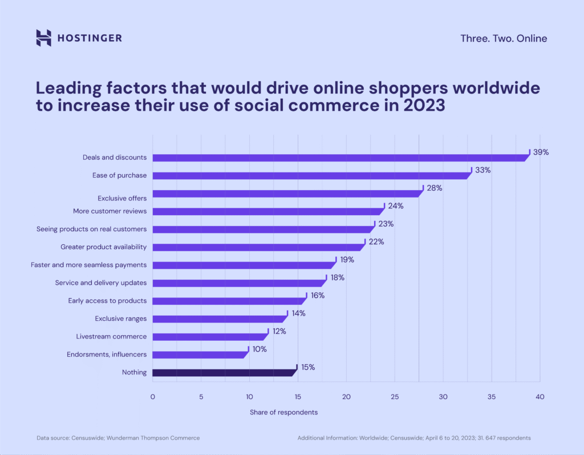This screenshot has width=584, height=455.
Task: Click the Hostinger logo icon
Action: [44, 38]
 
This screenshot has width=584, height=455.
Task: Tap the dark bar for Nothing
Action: [224, 373]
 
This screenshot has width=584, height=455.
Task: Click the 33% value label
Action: [483, 170]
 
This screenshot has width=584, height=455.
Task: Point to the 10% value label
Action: [259, 349]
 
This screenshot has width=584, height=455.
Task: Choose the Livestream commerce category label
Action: [111, 336]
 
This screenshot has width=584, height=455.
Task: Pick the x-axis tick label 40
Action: [540, 397]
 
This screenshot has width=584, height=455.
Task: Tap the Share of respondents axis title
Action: [283, 412]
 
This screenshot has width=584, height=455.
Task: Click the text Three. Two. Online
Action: [504, 39]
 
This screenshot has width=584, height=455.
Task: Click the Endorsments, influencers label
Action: [107, 355]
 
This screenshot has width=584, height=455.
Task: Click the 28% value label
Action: [435, 188]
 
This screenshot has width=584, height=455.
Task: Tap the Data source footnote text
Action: [119, 438]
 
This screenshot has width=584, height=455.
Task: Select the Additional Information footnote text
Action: [414, 438]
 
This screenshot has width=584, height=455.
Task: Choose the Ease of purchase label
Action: [119, 175]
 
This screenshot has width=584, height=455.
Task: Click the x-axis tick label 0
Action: [152, 397]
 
